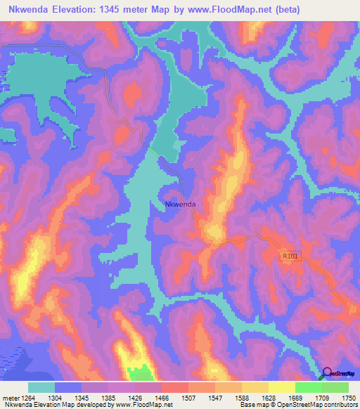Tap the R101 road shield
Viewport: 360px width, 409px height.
(290, 257)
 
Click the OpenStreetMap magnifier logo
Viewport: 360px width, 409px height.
(326, 372)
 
